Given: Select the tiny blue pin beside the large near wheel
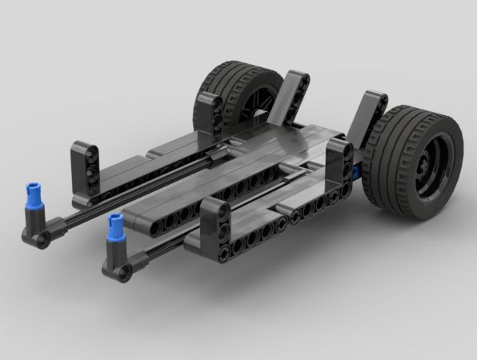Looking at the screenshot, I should [x=352, y=171].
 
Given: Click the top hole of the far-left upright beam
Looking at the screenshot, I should [x=83, y=150].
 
